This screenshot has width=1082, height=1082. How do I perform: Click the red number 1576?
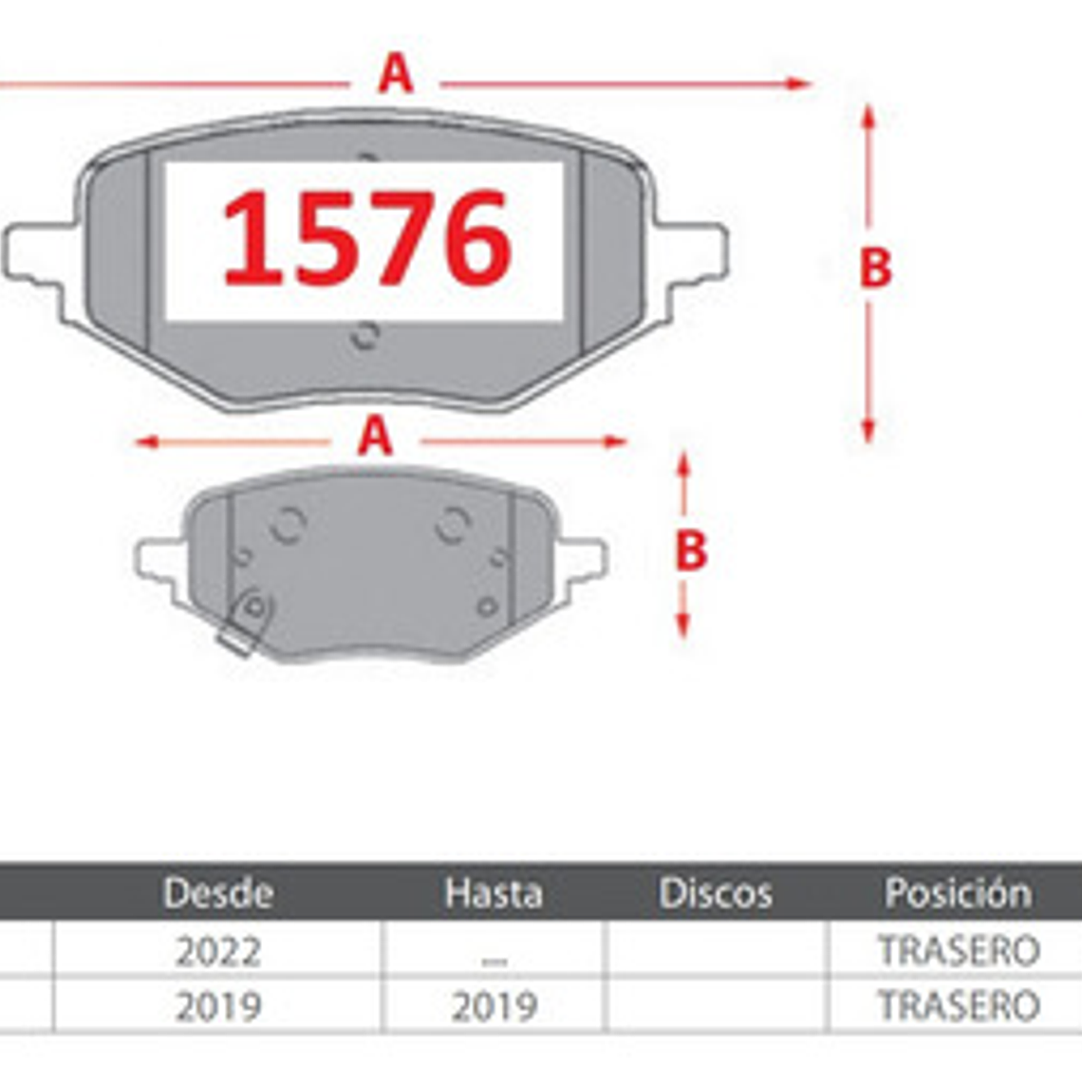coord(366,238)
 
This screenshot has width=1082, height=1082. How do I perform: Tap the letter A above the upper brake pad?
coord(395,75)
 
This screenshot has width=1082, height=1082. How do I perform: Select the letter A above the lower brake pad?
coord(375,438)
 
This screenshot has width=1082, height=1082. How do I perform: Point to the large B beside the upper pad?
coord(874,268)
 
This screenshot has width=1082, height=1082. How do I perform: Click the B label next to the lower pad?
coord(690,550)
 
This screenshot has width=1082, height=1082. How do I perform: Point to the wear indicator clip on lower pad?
coord(246,622)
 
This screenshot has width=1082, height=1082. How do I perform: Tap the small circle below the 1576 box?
coord(364,336)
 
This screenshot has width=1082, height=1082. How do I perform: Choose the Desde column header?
coord(218,892)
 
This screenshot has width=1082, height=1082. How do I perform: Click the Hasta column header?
coord(494,892)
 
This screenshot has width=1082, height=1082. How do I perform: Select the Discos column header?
coord(716,892)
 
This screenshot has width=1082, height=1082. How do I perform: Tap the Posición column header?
coord(958,892)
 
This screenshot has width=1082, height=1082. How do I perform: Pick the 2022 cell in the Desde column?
coord(218,951)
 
